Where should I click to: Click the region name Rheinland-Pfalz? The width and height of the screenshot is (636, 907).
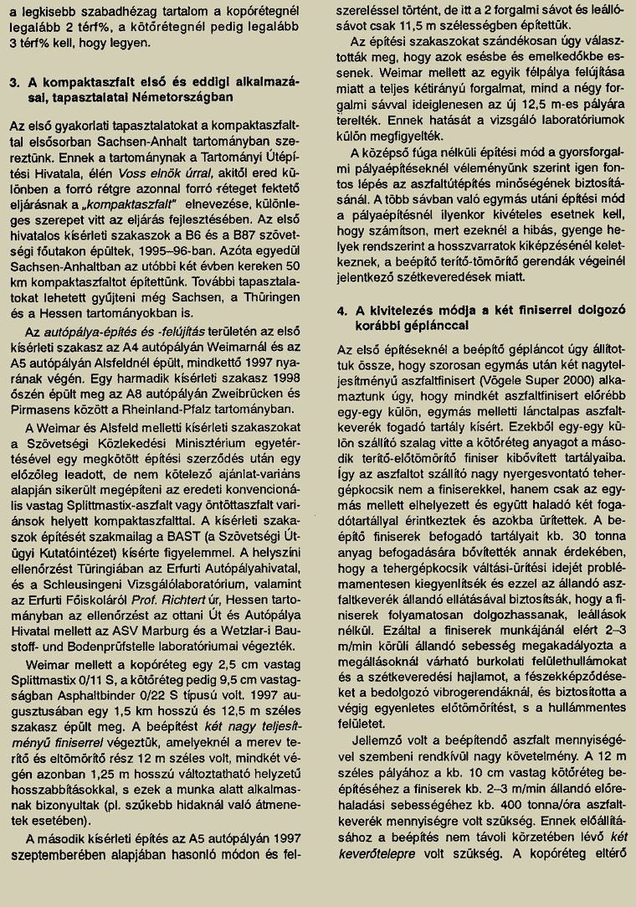click(167, 409)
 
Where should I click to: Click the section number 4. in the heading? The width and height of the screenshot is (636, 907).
click(341, 309)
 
